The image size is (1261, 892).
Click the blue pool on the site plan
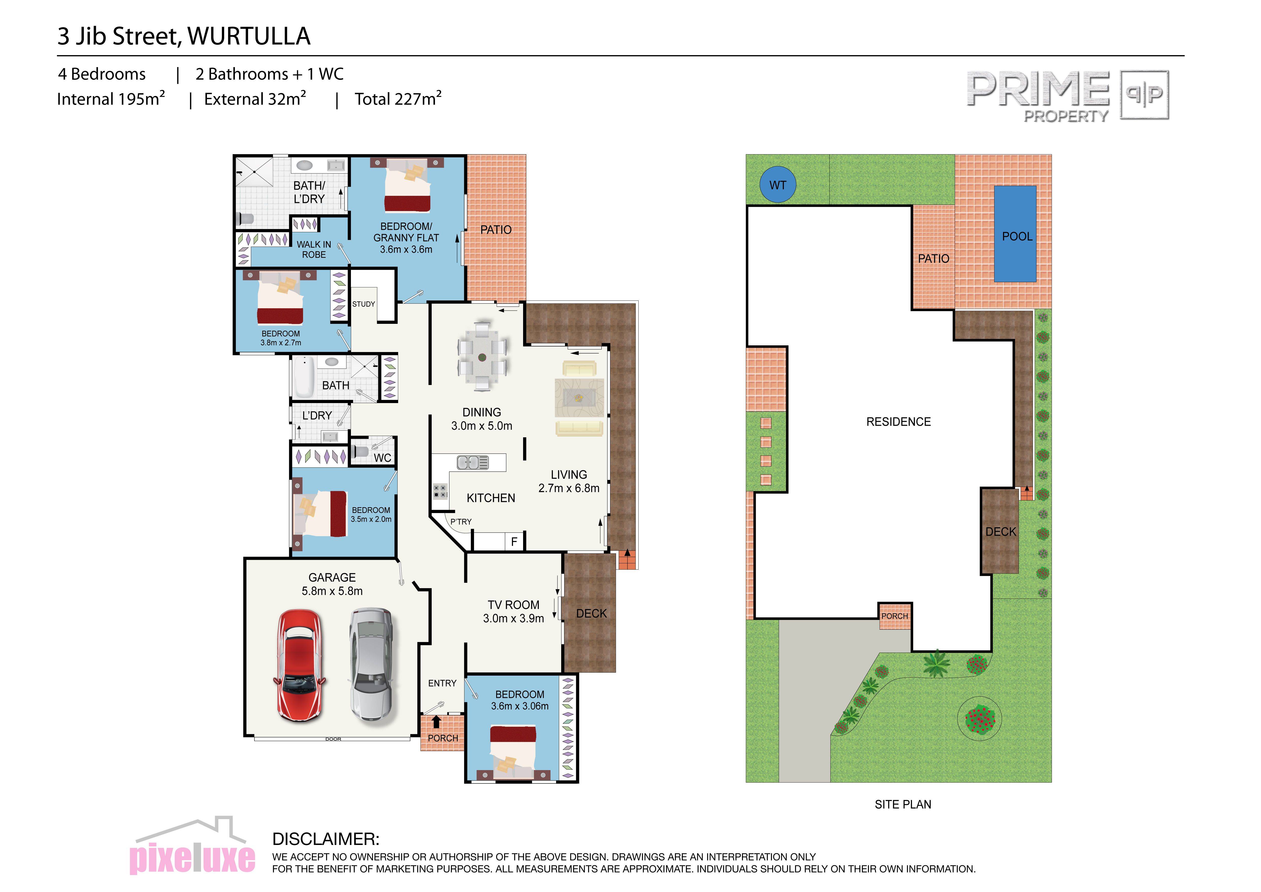click(1015, 234)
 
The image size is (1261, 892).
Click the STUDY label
click(364, 304)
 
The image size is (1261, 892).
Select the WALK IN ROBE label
click(314, 249)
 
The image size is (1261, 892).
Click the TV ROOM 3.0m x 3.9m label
click(513, 611)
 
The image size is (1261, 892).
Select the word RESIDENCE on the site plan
click(898, 422)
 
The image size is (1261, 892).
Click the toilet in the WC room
click(360, 452)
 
